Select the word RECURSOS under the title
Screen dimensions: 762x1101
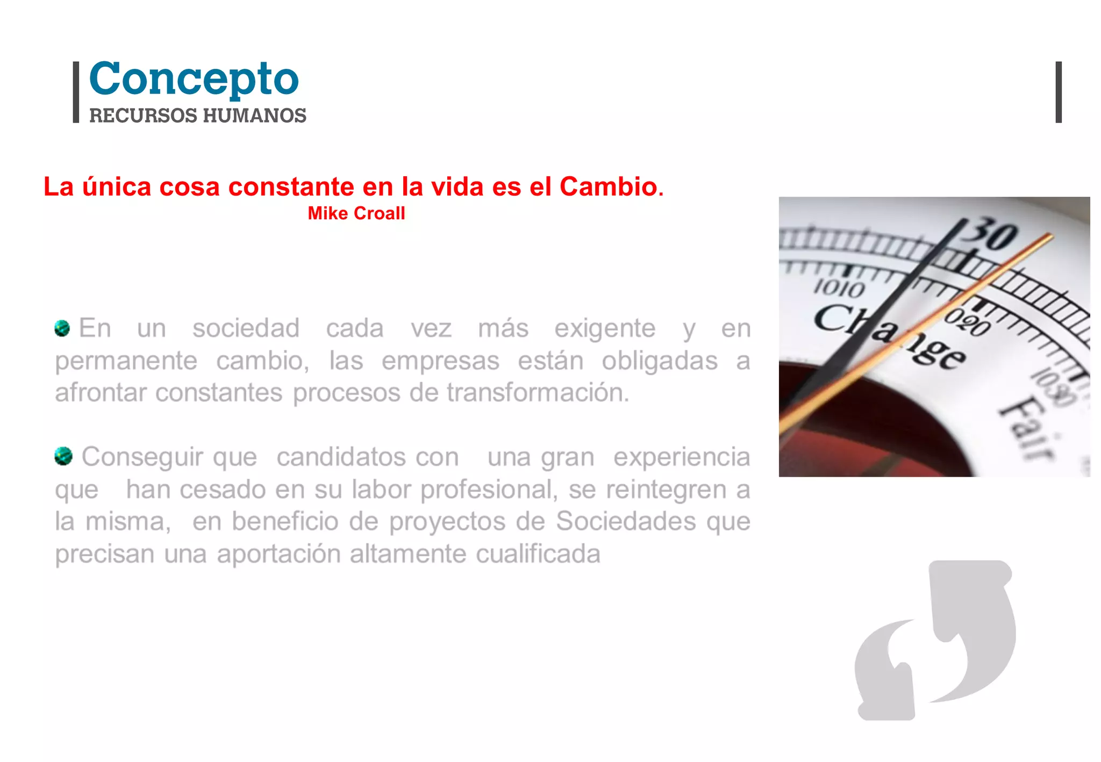[x=143, y=116]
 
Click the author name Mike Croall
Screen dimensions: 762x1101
[x=356, y=213]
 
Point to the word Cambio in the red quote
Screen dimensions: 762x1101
[x=608, y=187]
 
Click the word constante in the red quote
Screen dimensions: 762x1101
[x=291, y=187]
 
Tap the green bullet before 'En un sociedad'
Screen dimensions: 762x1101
[x=62, y=328]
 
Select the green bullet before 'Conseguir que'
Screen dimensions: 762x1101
[x=63, y=456]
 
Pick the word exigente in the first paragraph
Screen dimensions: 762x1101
[x=605, y=328]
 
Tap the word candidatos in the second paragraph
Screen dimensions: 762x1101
[x=368, y=457]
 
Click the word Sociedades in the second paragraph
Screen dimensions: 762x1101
[x=626, y=521]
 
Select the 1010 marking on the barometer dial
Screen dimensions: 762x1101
[x=839, y=289]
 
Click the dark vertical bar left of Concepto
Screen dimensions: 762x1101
[x=76, y=92]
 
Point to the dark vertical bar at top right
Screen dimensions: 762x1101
[x=1059, y=92]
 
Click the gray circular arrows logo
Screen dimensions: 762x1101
[x=935, y=640]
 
